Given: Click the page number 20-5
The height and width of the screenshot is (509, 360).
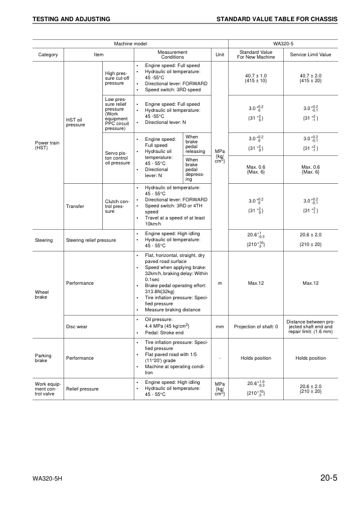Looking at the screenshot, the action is [329, 479].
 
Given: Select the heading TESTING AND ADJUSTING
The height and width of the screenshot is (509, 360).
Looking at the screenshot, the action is [71, 20].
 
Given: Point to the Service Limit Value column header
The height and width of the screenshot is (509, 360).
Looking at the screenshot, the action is [310, 54].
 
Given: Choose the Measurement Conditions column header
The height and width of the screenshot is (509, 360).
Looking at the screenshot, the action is [172, 54].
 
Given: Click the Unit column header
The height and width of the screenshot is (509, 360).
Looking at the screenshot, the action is [219, 54].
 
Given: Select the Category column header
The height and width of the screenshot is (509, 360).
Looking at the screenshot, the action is [48, 54].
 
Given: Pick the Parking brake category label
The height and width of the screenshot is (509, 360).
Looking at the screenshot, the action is [44, 358].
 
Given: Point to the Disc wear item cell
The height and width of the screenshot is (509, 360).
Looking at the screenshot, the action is [77, 327].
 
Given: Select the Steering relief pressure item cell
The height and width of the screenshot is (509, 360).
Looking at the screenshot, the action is [91, 240].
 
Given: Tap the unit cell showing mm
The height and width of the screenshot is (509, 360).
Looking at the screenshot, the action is [220, 327].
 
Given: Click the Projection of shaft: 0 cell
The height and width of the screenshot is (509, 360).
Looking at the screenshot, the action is [256, 327].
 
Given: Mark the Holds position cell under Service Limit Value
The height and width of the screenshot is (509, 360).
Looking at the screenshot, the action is [310, 358].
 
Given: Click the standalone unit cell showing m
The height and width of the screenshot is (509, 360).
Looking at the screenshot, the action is [220, 283].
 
